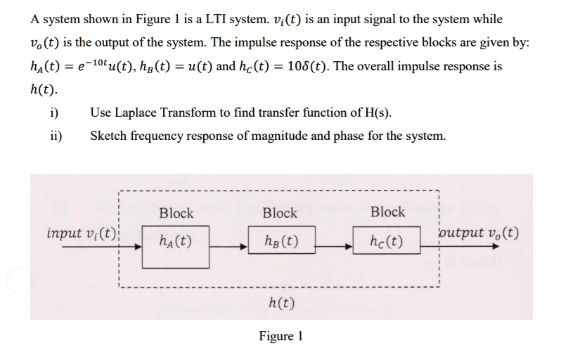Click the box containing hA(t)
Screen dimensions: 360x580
176,246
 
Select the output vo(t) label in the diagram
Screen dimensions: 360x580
478,233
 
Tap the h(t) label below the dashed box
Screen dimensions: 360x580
282,304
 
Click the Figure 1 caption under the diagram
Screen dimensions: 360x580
281,336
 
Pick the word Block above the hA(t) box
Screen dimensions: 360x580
176,213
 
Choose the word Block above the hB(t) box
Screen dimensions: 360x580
280,213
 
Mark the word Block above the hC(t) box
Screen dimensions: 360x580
388,212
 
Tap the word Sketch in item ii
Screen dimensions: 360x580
108,136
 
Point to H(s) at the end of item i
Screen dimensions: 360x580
378,112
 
